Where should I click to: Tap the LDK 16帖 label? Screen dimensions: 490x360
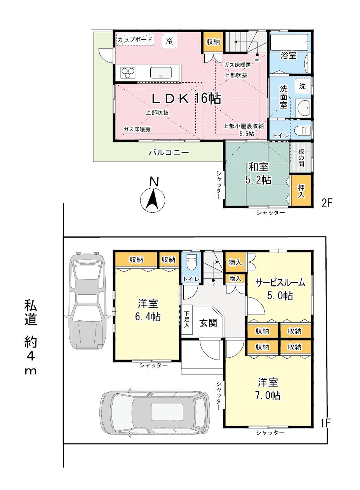(186, 99)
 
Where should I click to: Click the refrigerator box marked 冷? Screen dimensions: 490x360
(169, 40)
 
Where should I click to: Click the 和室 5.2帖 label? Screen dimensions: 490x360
(258, 174)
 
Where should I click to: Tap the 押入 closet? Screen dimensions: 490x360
(301, 192)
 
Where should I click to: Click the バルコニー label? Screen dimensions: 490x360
(169, 153)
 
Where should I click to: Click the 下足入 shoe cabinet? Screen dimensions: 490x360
(187, 320)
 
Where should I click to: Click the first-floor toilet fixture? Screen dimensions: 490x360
(192, 264)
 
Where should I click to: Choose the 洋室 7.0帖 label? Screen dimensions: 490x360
(268, 389)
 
